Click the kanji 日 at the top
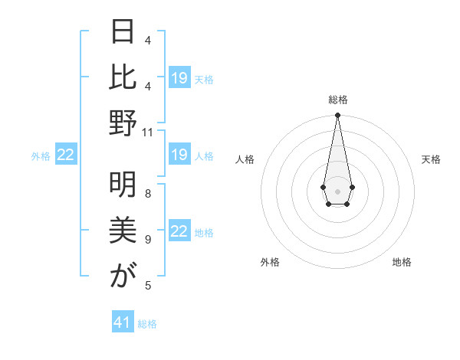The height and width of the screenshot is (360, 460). click(x=123, y=34)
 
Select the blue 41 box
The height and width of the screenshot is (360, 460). click(x=123, y=322)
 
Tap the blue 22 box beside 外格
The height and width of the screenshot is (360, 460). click(x=66, y=155)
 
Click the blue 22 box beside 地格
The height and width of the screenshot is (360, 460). click(x=179, y=231)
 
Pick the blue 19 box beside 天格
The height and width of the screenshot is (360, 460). click(x=179, y=78)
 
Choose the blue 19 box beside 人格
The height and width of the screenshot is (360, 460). click(x=179, y=155)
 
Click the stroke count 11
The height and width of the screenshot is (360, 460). click(x=148, y=133)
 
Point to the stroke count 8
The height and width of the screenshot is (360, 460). click(x=148, y=193)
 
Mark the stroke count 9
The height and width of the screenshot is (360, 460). click(x=148, y=239)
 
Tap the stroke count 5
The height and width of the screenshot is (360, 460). click(x=148, y=286)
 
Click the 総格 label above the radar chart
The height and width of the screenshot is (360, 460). click(x=337, y=100)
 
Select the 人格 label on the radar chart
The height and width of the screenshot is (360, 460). click(x=245, y=159)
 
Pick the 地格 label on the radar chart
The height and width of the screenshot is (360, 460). click(x=402, y=262)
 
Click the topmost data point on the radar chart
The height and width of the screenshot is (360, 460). click(x=337, y=116)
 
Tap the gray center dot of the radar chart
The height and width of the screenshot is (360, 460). click(x=337, y=191)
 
